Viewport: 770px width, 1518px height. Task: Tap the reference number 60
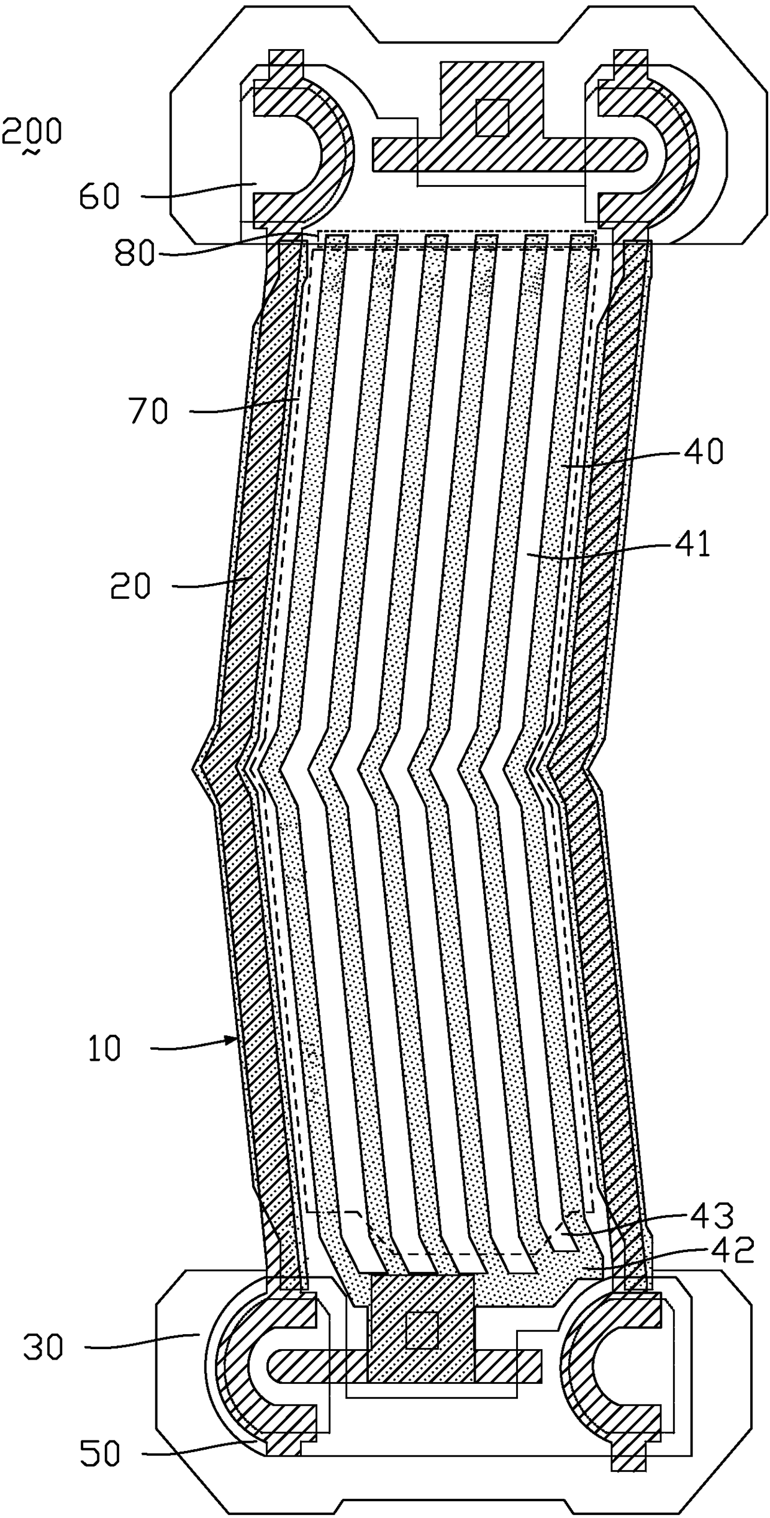pos(99,197)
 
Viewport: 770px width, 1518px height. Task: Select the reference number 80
pos(134,253)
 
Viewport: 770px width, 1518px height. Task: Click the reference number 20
pos(130,586)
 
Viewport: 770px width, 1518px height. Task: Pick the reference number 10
pos(104,1049)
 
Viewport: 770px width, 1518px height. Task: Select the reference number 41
pos(694,545)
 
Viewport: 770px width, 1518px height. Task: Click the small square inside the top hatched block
pos(492,117)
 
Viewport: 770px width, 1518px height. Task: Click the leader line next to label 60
pos(199,189)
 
